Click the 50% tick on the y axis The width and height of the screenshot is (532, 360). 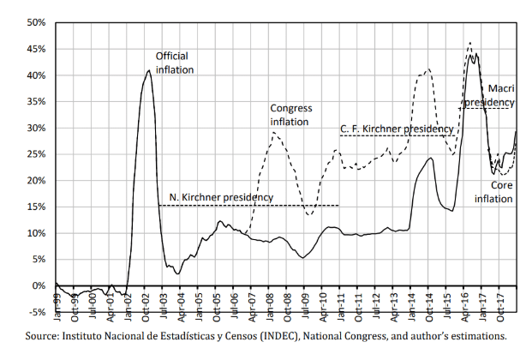click(35, 23)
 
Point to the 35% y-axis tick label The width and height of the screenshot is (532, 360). click(35, 102)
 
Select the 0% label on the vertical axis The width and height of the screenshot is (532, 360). click(39, 285)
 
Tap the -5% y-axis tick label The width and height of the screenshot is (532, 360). click(37, 312)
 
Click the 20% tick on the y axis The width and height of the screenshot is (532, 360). click(35, 181)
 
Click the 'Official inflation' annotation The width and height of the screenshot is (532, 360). click(175, 63)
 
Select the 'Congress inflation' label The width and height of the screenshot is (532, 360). click(290, 115)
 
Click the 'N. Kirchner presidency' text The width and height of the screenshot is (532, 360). click(221, 197)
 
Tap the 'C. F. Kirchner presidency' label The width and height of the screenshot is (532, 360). click(397, 129)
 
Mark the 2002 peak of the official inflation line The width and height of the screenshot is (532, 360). click(149, 70)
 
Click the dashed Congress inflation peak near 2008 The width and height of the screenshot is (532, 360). click(274, 132)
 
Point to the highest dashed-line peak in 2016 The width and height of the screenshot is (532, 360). click(469, 43)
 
